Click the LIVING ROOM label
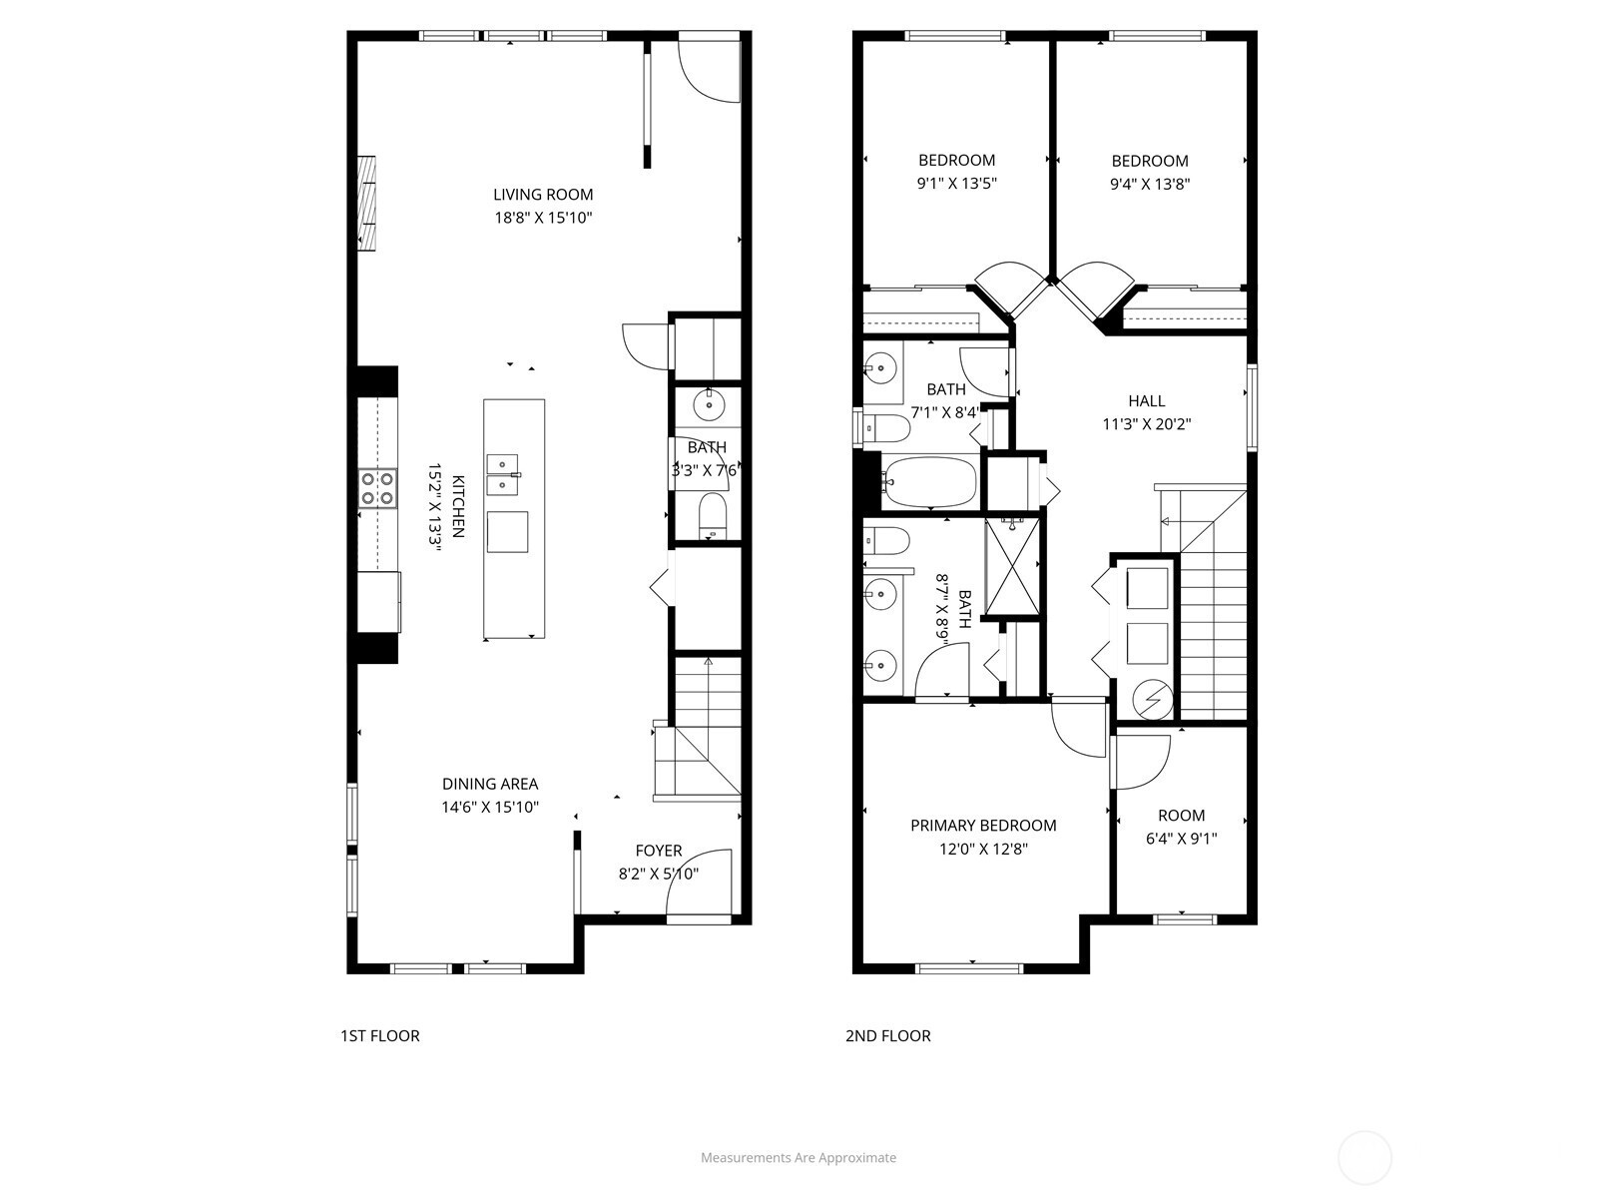coord(543,195)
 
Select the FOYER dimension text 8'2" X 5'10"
coord(659,873)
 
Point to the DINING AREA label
coord(490,784)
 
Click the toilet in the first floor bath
coord(713,515)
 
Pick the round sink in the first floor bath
coord(709,404)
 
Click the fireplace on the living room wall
coord(366,204)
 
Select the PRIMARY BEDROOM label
coord(983,825)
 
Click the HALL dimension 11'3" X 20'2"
coord(1146,423)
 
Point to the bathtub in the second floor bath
coord(929,481)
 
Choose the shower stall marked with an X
coord(1012,567)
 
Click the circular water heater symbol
coord(1153,700)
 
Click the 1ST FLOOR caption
coord(380,1036)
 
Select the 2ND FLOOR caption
coord(887,1036)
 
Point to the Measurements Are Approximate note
coord(798,1157)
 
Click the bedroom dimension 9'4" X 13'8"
coord(1150,184)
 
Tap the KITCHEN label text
coord(458,506)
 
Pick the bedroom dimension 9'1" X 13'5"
coord(956,183)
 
